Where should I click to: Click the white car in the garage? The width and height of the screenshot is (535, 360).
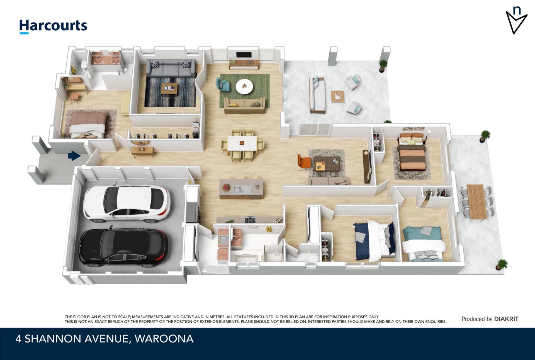(127, 202)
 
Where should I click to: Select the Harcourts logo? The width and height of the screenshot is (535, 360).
(53, 27)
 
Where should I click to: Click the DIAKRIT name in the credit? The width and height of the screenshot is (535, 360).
(506, 319)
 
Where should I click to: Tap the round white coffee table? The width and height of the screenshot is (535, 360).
(245, 87)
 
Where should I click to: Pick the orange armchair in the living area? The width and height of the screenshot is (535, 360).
(304, 161)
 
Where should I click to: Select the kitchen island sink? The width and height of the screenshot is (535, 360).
(238, 189)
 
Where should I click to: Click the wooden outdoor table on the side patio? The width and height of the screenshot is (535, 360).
(476, 201)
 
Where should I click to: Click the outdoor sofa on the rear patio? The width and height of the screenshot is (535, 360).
(317, 95)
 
